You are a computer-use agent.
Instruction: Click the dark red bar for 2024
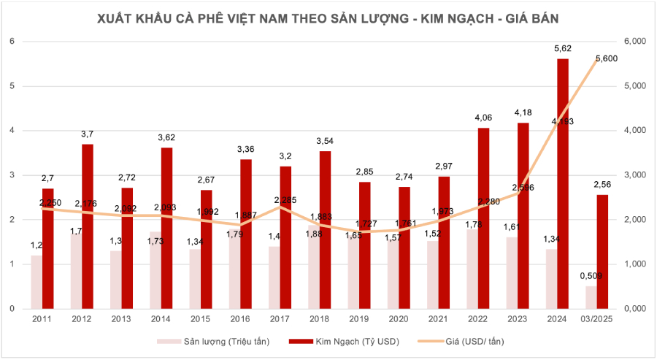click(x=562, y=183)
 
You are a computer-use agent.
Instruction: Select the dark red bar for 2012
click(x=88, y=226)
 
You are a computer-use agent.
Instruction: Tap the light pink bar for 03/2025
click(x=591, y=297)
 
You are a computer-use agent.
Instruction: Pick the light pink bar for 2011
click(x=36, y=282)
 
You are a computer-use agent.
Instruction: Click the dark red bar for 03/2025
click(x=602, y=251)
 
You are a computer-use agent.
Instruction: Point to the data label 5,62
click(x=563, y=49)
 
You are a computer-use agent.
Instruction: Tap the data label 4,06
click(x=483, y=117)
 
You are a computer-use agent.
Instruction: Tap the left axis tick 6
click(x=12, y=42)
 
